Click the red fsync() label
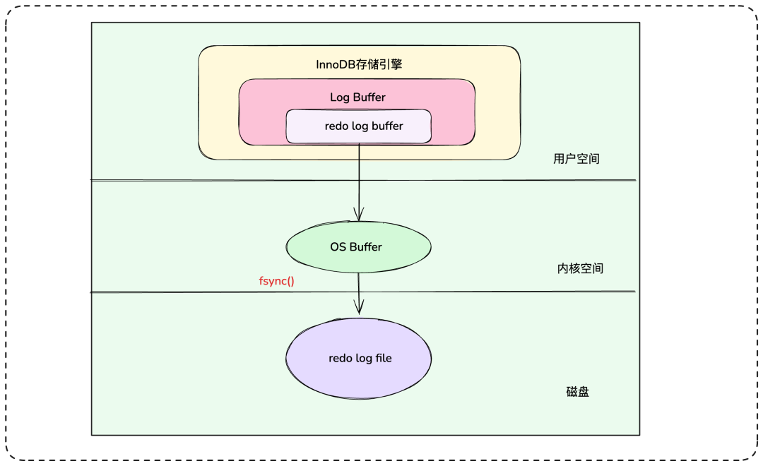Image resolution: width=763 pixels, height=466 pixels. coord(276,281)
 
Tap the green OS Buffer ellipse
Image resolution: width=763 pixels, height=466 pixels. coord(359,246)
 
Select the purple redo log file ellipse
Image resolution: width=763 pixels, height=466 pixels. coord(359,359)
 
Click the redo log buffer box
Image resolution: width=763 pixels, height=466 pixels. coord(359,126)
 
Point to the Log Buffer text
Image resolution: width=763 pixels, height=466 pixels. coord(357,97)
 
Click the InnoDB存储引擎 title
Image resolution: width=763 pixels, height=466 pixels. coord(359,65)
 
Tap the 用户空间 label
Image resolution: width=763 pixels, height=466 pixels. coord(576,159)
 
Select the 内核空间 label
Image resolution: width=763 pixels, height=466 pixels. coord(580,268)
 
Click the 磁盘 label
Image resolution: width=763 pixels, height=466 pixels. coord(578,392)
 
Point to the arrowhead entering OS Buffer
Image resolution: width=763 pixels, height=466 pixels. coord(359,215)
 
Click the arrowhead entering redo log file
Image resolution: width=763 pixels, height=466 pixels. coord(359,307)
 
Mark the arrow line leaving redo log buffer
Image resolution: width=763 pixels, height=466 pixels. coord(359,182)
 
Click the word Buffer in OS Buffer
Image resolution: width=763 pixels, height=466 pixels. coord(366,247)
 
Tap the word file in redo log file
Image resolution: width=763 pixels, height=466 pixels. coord(384,358)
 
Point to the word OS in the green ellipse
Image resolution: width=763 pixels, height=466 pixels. coord(338,247)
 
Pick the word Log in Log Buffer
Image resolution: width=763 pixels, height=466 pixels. coord(340,97)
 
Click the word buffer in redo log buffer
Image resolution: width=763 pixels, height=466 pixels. coord(387,126)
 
